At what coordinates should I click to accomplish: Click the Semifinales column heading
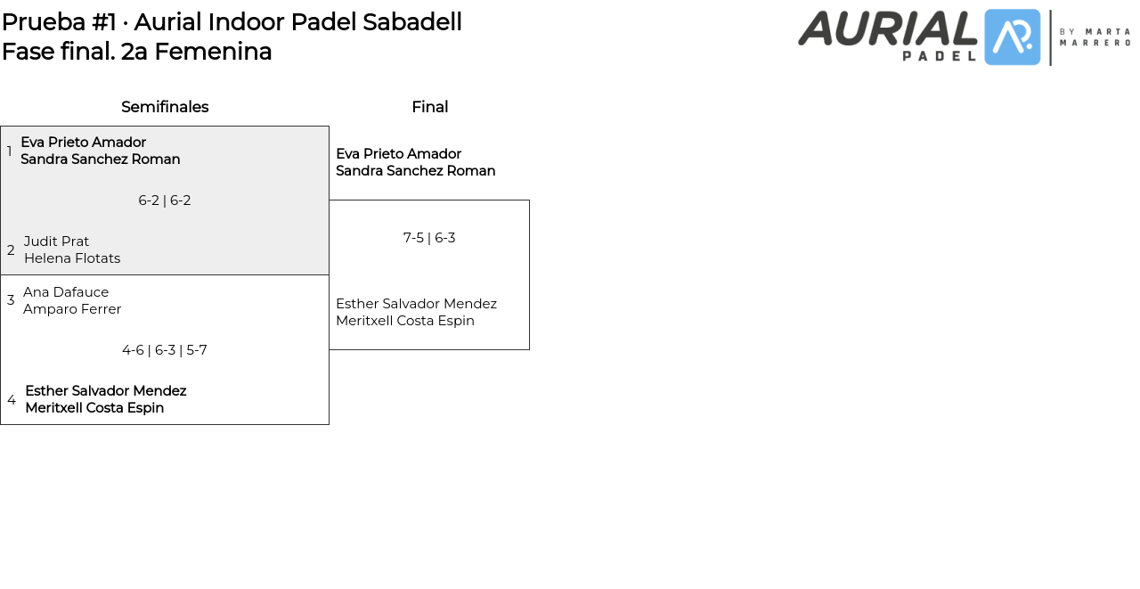165,107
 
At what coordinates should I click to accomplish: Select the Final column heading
429,107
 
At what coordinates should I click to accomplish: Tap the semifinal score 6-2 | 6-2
165,200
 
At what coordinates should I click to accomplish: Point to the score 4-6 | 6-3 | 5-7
165,350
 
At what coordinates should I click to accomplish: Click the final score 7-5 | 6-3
429,238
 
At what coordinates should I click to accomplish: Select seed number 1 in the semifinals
10,151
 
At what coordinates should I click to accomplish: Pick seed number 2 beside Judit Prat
11,250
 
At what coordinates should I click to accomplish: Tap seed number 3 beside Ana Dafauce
11,300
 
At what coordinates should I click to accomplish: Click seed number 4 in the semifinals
12,400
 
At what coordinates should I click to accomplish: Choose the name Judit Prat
56,241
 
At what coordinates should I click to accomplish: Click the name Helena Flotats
72,258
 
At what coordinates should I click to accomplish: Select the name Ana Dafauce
66,292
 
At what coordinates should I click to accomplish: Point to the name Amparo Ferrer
72,309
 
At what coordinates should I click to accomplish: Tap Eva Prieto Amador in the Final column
398,154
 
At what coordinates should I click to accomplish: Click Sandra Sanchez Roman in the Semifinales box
101,160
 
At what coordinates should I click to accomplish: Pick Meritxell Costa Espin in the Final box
405,321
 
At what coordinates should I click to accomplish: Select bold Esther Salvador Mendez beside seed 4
106,391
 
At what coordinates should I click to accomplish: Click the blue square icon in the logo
1013,37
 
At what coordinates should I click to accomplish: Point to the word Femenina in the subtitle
213,52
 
